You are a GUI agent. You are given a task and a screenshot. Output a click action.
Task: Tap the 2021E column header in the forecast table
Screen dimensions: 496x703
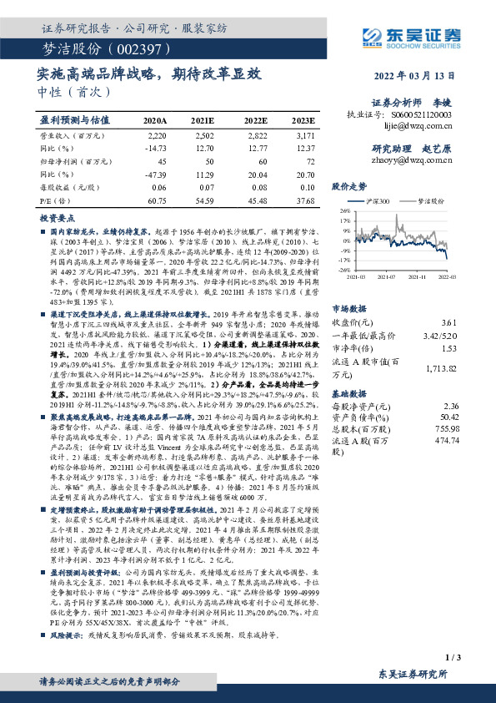203,120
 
